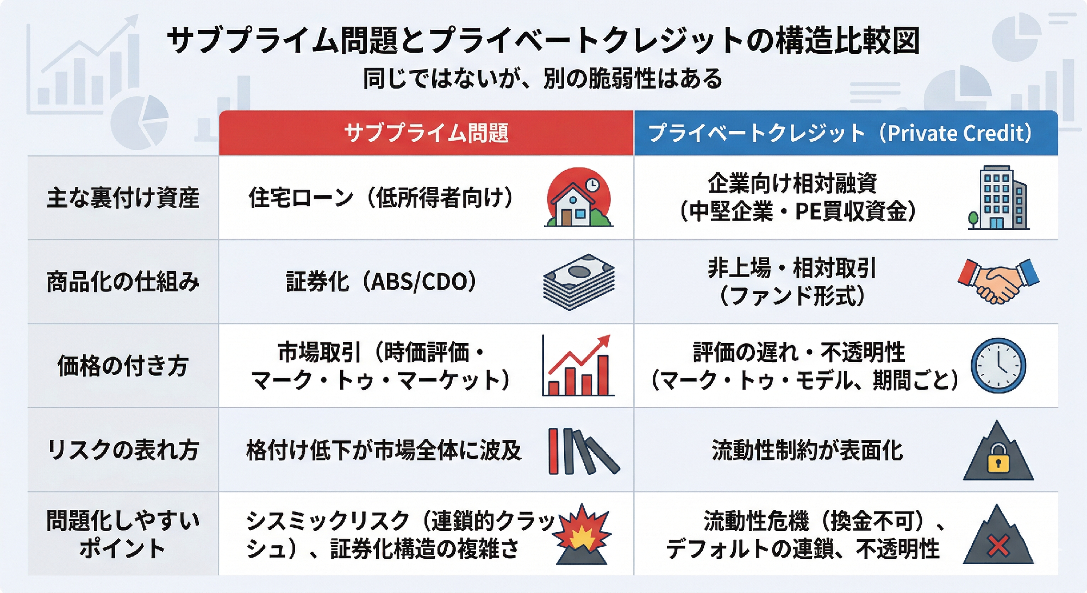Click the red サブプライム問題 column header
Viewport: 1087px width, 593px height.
(x=426, y=133)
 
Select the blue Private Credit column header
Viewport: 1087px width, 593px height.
(x=846, y=133)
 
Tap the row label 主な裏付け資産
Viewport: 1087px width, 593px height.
(x=123, y=198)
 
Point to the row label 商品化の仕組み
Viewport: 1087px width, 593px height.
(x=123, y=282)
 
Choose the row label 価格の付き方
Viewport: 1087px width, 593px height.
(x=123, y=366)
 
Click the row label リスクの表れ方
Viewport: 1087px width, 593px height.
(x=123, y=450)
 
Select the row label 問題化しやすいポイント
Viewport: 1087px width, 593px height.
(x=123, y=534)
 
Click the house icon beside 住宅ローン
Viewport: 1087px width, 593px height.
(x=579, y=197)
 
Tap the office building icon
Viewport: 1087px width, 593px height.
(x=998, y=197)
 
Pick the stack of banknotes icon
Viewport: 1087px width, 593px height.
(x=579, y=282)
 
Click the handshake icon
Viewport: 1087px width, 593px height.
(x=998, y=281)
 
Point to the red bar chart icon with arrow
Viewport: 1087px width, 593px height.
(x=578, y=365)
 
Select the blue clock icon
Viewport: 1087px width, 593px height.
(x=998, y=366)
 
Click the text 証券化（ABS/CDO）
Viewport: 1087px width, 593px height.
(x=382, y=282)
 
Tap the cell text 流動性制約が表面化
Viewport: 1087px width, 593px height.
(x=807, y=450)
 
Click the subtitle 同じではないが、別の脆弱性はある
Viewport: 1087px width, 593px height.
(x=543, y=79)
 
